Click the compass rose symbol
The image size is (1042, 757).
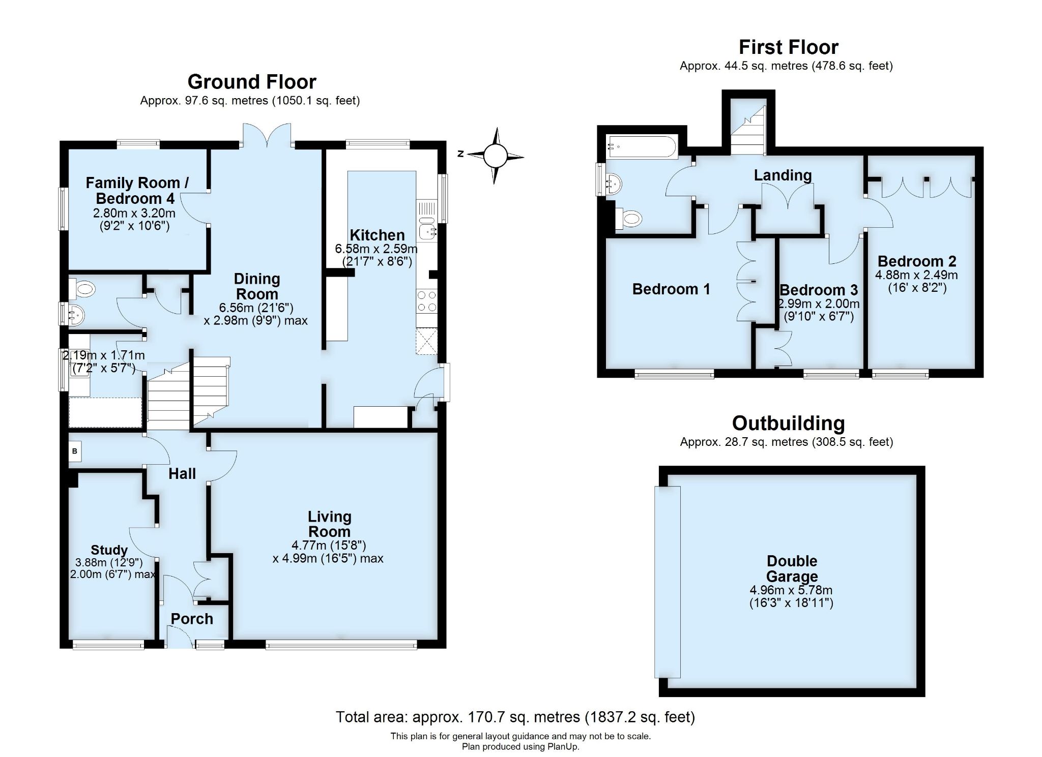pos(495,156)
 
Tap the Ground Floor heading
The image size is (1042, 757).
pos(252,82)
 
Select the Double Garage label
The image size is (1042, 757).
pos(792,568)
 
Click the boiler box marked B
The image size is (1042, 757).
pos(75,451)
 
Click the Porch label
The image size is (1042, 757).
pos(192,619)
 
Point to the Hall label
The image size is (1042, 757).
pos(182,474)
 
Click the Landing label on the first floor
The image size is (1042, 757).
pos(783,175)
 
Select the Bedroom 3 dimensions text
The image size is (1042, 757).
pos(819,310)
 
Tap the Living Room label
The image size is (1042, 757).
pos(329,524)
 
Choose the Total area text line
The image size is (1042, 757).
pos(515,717)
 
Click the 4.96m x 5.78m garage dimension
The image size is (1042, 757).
pos(791,590)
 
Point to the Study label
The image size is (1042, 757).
pos(109,550)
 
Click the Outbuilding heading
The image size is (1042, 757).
pos(788,423)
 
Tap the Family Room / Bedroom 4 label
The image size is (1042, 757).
pos(136,190)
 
